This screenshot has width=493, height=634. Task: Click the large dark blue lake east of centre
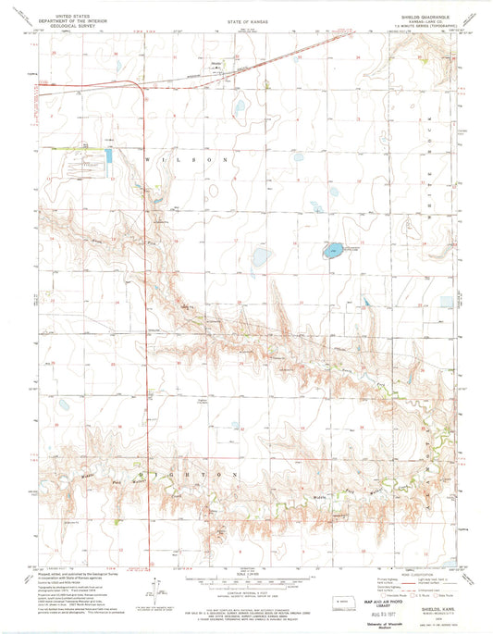329,251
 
